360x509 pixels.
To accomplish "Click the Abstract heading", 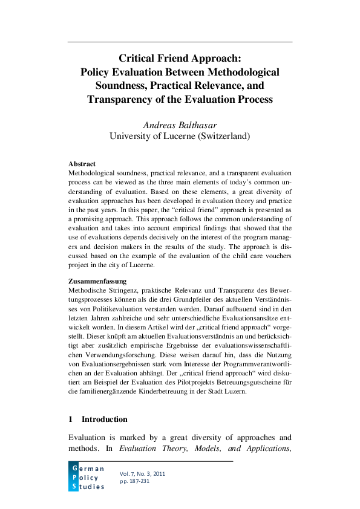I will (x=82, y=164).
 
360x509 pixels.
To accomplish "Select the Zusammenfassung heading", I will (x=97, y=281).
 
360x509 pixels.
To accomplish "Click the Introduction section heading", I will (x=104, y=419).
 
